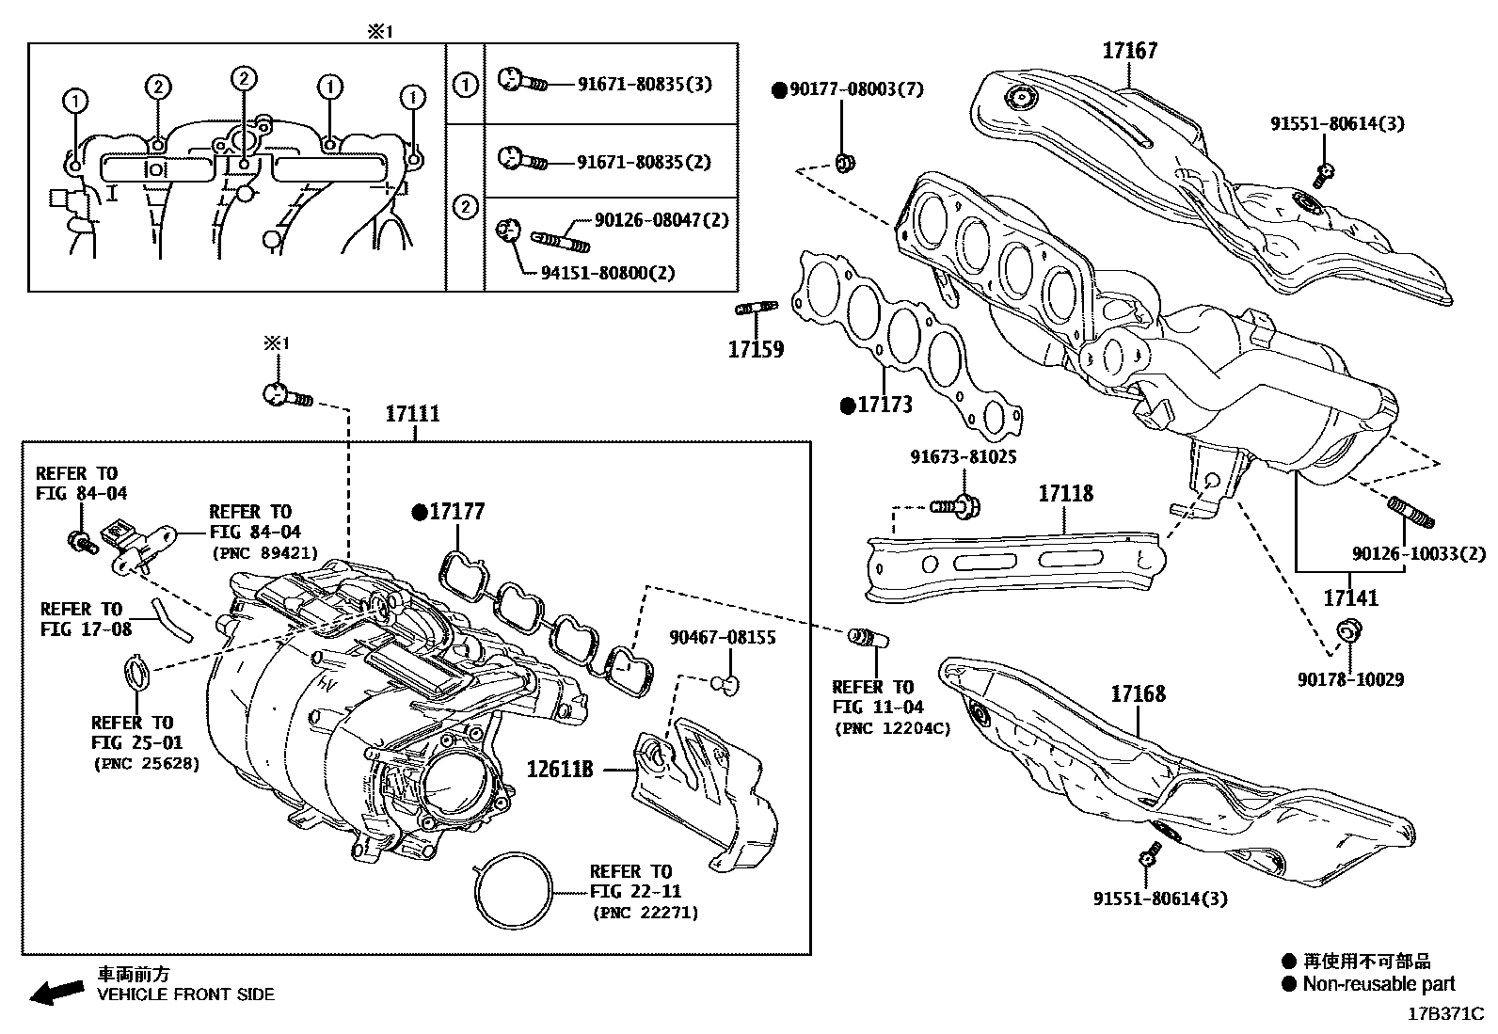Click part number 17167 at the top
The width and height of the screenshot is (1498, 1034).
(1129, 51)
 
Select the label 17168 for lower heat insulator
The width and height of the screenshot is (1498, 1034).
(1138, 694)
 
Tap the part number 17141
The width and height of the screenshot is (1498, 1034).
(1350, 597)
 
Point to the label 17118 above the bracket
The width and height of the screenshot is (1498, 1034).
(1065, 493)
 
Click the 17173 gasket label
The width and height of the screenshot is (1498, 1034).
(885, 406)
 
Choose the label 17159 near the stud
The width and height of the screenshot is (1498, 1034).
(756, 350)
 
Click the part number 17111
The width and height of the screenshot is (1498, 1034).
(413, 414)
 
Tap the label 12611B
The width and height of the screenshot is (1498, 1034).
(560, 770)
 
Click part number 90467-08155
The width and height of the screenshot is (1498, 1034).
(722, 638)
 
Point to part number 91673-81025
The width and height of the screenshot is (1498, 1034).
(963, 457)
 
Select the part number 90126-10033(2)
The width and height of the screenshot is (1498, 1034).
(1419, 554)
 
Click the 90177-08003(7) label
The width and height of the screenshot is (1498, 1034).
(855, 89)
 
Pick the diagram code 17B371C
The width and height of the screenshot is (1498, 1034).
(1445, 1015)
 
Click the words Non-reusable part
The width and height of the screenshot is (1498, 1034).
(1378, 984)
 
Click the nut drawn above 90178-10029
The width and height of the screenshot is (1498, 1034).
(1347, 629)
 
